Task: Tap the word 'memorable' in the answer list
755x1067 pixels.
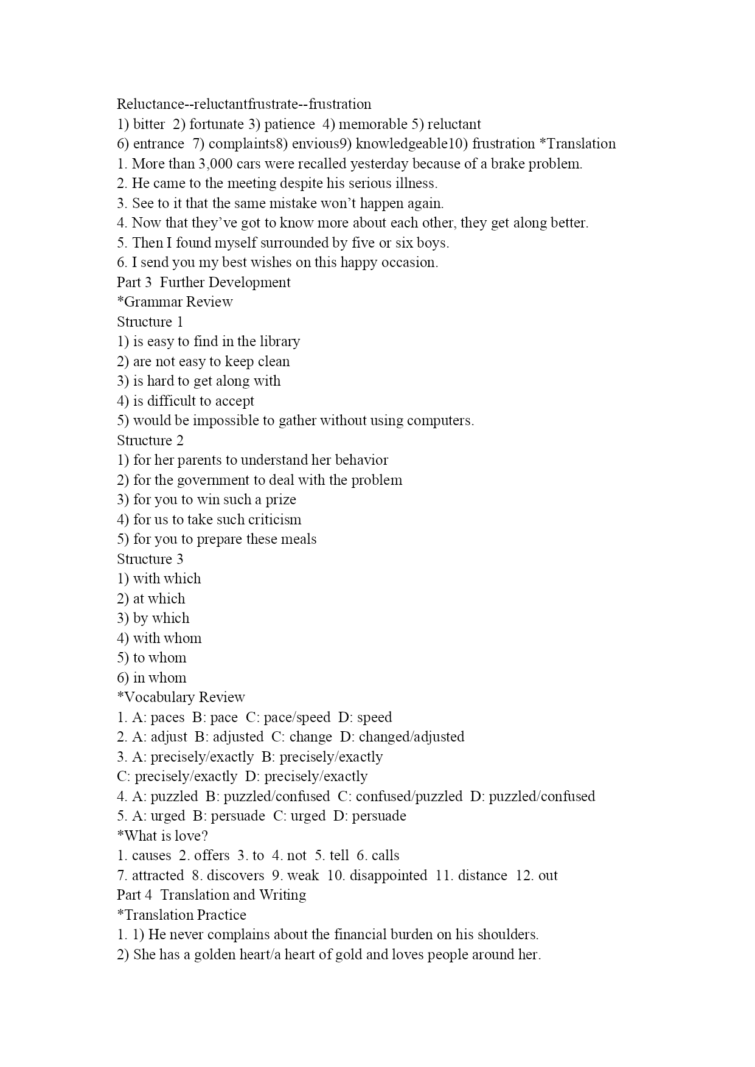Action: click(372, 124)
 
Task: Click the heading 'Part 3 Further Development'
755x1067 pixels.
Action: click(203, 282)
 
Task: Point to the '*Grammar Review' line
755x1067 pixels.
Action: click(175, 302)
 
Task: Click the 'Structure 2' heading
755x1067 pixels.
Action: click(150, 440)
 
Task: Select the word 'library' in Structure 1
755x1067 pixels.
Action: click(279, 341)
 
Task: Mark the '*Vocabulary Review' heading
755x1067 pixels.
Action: click(181, 697)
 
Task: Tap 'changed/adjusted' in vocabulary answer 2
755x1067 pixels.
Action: click(411, 737)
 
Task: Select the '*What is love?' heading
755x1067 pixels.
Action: click(162, 836)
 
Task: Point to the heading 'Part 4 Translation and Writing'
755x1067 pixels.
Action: click(211, 895)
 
